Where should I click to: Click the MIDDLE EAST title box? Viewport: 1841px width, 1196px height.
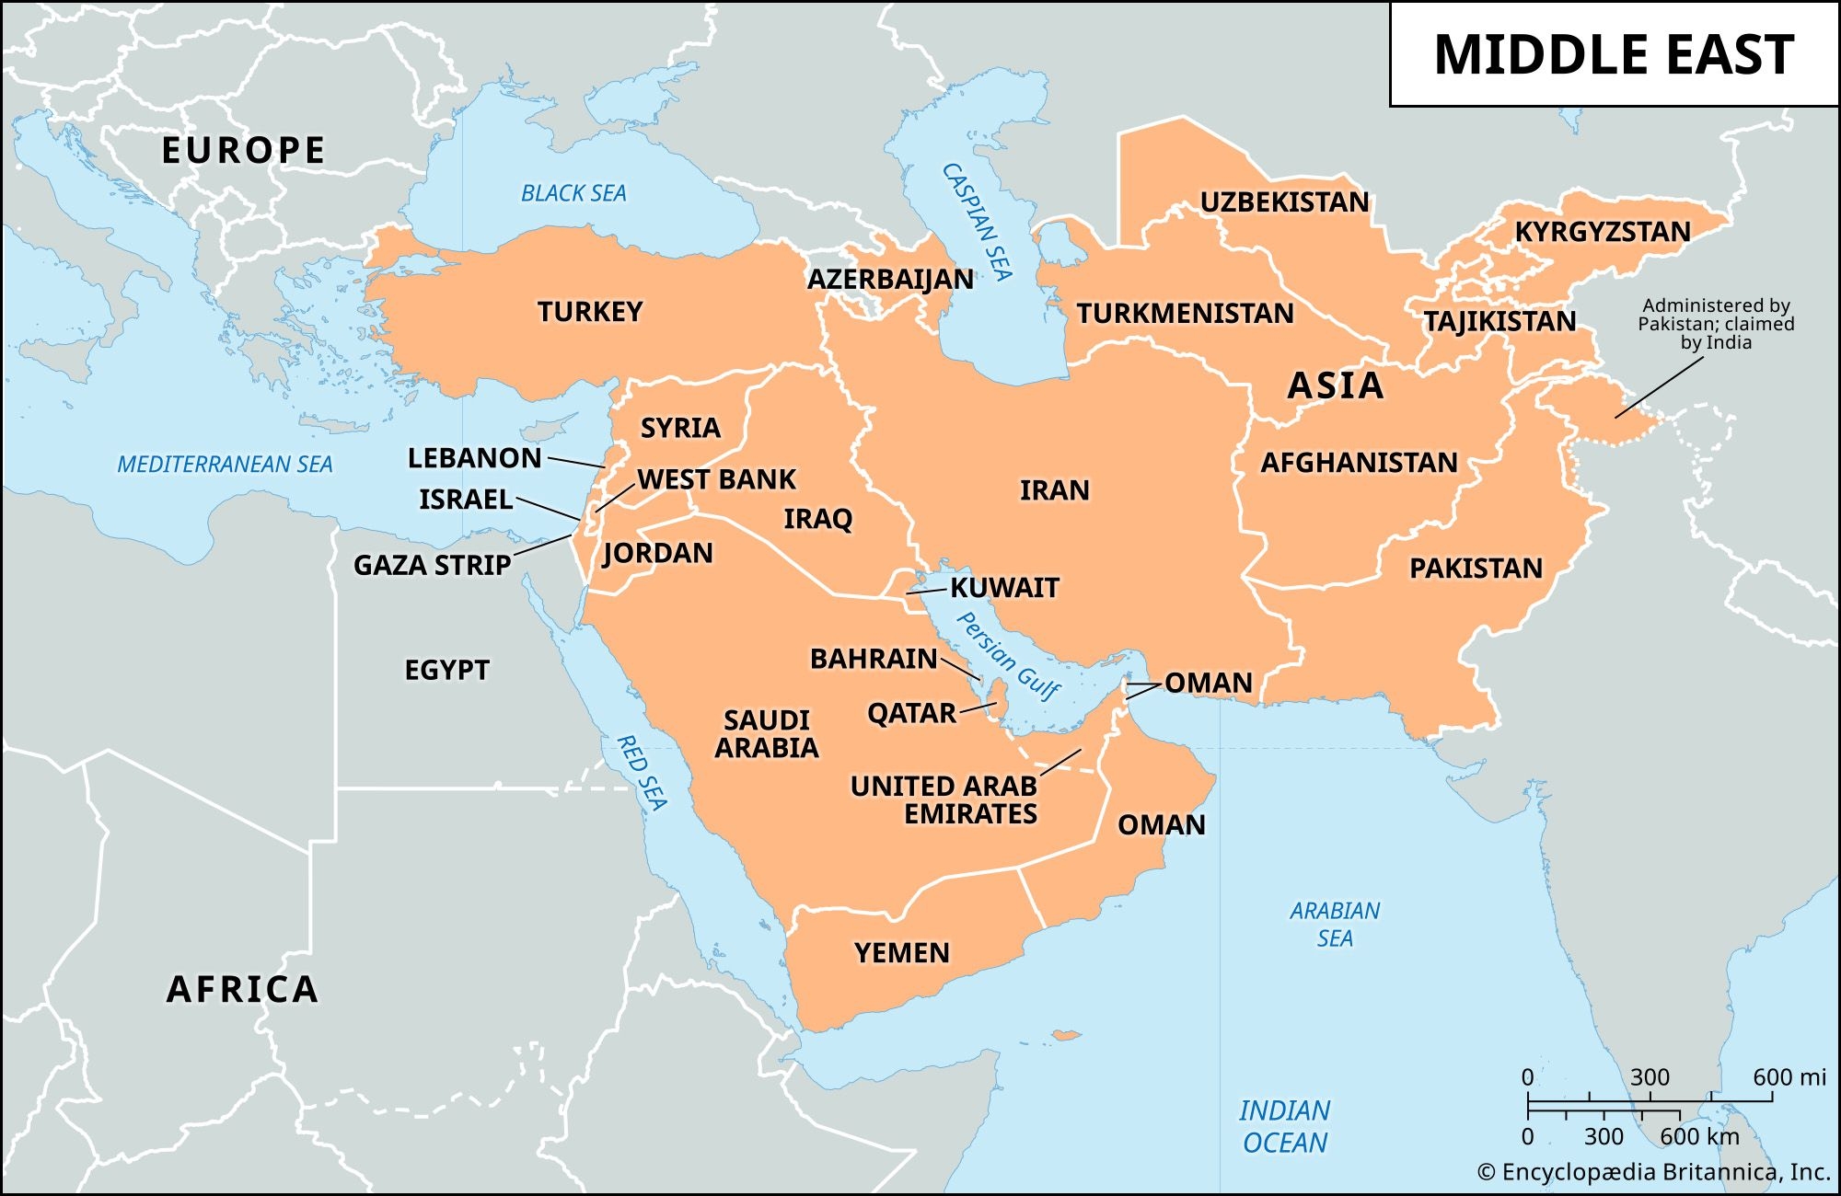(1614, 54)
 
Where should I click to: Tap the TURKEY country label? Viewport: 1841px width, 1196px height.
(590, 312)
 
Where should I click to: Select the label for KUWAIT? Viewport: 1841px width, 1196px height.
(1004, 588)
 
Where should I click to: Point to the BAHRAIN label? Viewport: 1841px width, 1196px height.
(874, 659)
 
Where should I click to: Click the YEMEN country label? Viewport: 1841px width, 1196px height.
(901, 953)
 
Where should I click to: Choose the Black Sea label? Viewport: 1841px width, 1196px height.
(573, 193)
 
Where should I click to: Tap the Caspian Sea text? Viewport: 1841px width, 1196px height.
(977, 222)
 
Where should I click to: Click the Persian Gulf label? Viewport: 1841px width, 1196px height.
(1009, 656)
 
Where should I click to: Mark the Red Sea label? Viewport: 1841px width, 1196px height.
(641, 772)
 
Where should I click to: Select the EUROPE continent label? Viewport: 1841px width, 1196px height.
(243, 151)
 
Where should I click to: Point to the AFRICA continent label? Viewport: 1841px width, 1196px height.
(242, 990)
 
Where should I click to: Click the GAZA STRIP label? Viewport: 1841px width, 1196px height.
(432, 565)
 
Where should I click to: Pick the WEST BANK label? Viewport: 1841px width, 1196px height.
(716, 479)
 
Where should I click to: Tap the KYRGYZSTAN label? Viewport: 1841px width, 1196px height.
(1603, 232)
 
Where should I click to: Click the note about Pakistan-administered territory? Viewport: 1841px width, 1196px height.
(1716, 324)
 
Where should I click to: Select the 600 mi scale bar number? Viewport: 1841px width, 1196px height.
(1789, 1077)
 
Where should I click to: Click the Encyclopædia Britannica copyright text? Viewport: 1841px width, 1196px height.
(1653, 1172)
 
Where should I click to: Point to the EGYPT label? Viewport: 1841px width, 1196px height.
(446, 670)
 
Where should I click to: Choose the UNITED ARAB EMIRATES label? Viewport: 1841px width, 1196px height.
(944, 800)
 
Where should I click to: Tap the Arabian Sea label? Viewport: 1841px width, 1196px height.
(1334, 925)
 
